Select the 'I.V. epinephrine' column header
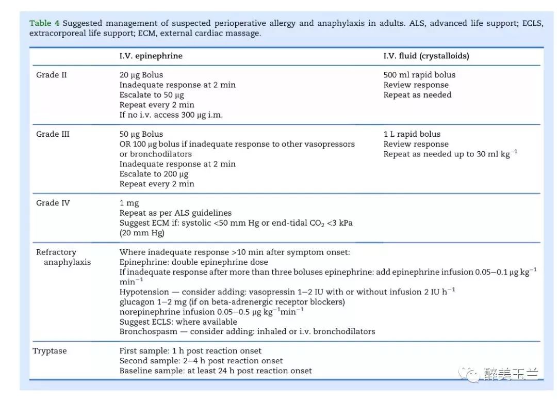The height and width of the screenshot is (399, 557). (151, 56)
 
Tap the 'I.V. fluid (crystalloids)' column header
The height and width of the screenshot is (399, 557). (426, 56)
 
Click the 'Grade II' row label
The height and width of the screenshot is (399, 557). (51, 75)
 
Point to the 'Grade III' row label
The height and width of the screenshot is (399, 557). (53, 134)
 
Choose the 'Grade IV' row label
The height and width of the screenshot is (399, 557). (53, 203)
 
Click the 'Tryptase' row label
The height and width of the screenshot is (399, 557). (50, 351)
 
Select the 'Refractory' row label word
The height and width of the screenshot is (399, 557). (56, 252)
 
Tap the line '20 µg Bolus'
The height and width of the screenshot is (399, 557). (141, 75)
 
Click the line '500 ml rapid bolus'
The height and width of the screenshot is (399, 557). (419, 75)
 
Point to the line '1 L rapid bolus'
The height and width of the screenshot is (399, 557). (412, 134)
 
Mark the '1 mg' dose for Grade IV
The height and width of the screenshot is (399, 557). (129, 203)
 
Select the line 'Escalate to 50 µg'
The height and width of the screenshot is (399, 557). (152, 95)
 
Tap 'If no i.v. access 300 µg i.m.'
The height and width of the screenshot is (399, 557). (171, 115)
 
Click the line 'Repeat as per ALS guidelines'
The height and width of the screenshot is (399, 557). (175, 213)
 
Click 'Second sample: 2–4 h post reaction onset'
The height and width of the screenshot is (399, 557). (201, 361)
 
